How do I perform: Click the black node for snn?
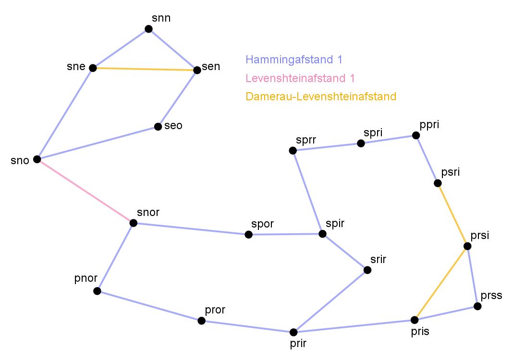148,29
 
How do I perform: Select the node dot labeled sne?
93,68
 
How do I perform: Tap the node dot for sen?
197,70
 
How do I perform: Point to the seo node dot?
158,127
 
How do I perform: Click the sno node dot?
37,159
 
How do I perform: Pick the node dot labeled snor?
134,223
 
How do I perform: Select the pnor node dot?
97,291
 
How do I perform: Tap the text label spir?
335,223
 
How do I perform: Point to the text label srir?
378,260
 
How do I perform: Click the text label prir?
298,343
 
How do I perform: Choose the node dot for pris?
415,320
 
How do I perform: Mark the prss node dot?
477,306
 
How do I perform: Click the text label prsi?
480,236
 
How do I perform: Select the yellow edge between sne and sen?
145,69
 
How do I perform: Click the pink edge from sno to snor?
85,191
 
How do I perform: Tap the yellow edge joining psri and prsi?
452,215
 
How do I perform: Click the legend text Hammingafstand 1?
294,60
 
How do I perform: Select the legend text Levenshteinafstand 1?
300,78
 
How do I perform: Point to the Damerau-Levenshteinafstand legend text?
321,96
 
